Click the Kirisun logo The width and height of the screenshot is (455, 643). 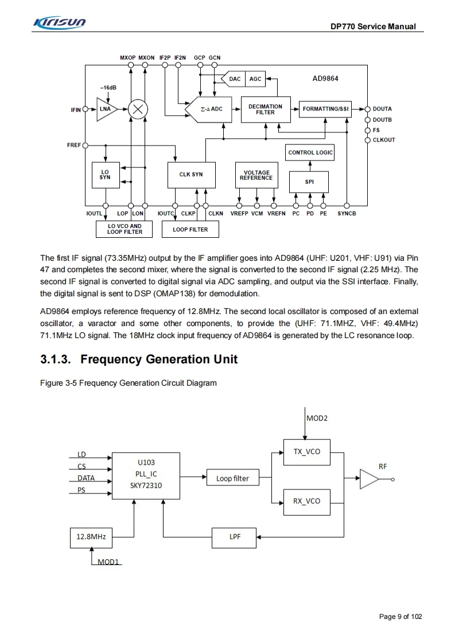click(60, 22)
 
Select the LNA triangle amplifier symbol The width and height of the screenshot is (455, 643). click(106, 109)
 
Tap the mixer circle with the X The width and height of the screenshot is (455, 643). click(138, 109)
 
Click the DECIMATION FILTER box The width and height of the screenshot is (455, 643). click(265, 109)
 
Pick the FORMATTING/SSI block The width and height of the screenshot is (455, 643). click(325, 109)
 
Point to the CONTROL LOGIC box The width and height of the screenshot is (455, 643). click(310, 152)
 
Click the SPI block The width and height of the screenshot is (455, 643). click(309, 182)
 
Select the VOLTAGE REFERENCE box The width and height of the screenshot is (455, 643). click(256, 175)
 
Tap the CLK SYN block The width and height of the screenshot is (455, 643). click(190, 175)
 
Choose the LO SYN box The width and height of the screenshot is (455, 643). click(105, 175)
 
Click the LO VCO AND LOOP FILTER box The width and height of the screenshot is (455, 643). click(125, 229)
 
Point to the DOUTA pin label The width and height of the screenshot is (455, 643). click(383, 109)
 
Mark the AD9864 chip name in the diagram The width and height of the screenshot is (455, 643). click(325, 79)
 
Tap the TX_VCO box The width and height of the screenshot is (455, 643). click(306, 452)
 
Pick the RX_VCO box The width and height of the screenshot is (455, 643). click(306, 501)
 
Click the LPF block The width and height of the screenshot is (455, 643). click(235, 537)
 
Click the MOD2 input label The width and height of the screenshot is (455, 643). click(317, 418)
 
